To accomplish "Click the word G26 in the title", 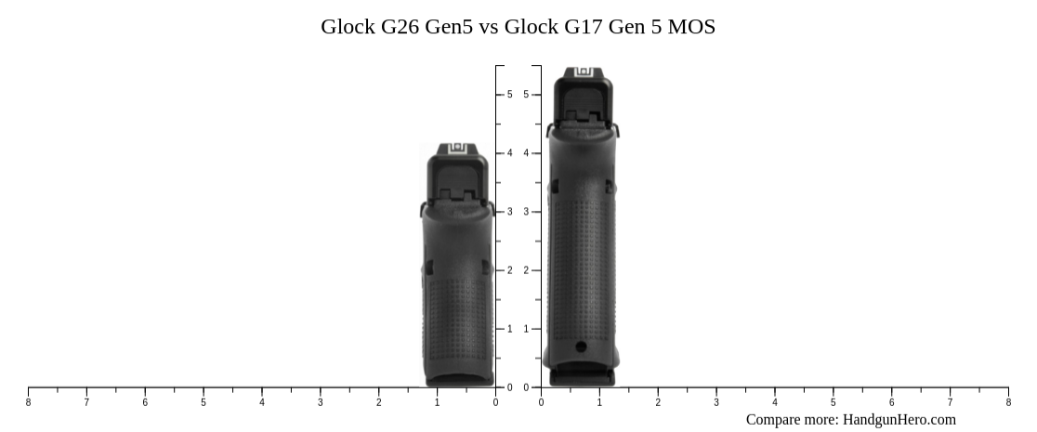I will coord(398,27).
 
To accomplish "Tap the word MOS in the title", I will coord(690,27).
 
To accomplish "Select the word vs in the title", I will coord(488,27).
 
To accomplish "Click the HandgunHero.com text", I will coord(899,420).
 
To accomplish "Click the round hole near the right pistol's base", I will coord(581,347).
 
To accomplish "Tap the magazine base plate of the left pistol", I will coord(460,379).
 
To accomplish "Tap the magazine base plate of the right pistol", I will coord(582,376).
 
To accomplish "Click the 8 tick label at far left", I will coord(28,402).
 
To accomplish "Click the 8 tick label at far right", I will coord(1008,402).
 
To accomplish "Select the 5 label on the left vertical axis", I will coord(509,95).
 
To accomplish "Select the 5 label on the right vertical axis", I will coord(526,95).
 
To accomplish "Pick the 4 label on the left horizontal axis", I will coord(262,402).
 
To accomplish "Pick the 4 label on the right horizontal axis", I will coord(774,402).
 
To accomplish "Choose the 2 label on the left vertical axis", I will coord(509,270).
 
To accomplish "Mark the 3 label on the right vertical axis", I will coord(526,212).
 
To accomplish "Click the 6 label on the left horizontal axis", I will coord(145,402).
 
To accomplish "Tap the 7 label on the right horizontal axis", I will coord(950,402).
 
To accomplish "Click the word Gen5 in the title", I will coord(449,27).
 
